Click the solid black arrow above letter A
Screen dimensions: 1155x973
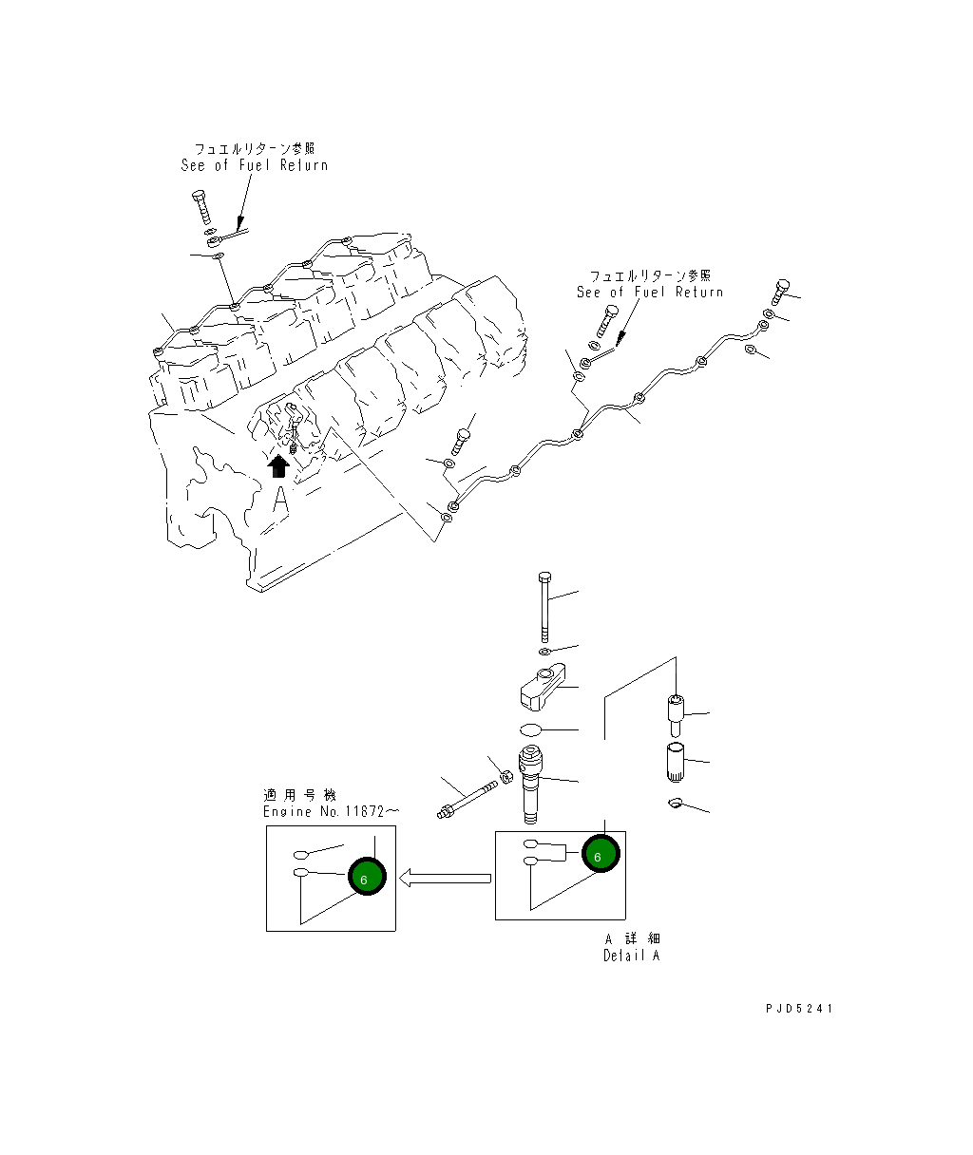[278, 465]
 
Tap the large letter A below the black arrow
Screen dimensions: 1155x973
[279, 499]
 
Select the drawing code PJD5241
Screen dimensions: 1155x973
[797, 1008]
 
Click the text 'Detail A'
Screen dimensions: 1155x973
[631, 956]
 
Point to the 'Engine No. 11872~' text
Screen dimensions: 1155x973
[318, 812]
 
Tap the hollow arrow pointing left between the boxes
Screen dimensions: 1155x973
[445, 879]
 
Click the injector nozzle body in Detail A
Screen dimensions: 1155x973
[532, 785]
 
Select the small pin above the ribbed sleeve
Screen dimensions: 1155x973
[675, 713]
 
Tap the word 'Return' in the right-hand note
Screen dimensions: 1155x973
[699, 293]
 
